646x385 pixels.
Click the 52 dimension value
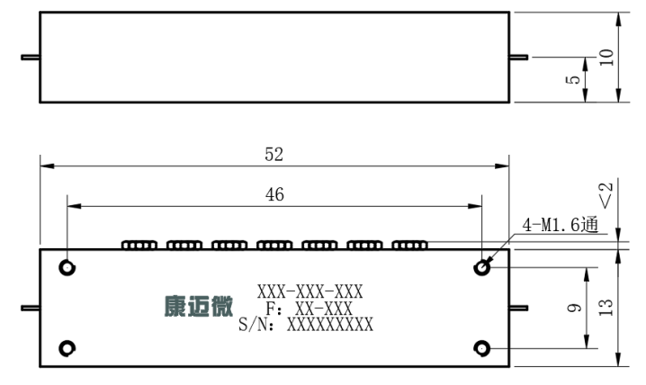[274, 155]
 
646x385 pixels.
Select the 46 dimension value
[274, 194]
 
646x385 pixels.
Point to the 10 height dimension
[606, 58]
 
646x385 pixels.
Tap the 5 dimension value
[572, 79]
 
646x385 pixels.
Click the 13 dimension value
[606, 308]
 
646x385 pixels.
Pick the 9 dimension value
[574, 308]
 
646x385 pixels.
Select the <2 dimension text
[606, 195]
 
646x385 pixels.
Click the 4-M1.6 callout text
[560, 225]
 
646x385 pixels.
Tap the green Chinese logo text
[199, 307]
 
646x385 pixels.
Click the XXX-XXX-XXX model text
[310, 292]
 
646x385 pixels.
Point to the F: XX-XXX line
[309, 309]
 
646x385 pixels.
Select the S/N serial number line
[306, 325]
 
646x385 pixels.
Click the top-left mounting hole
[67, 268]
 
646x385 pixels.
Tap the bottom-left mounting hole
[67, 349]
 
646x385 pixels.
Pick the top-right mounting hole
[482, 268]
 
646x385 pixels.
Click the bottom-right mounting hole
[482, 349]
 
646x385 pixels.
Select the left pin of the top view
[31, 58]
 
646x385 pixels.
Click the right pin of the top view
[519, 58]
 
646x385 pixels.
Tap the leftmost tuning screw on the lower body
[139, 246]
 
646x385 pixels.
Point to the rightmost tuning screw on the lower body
[410, 246]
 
